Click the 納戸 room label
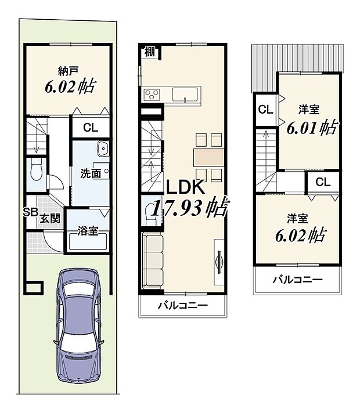click(x=69, y=71)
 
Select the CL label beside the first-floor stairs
click(x=90, y=128)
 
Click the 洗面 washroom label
click(x=91, y=173)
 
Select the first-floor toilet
click(x=35, y=170)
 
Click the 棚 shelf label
click(x=149, y=52)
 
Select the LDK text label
click(x=185, y=187)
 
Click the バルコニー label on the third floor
click(x=298, y=280)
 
